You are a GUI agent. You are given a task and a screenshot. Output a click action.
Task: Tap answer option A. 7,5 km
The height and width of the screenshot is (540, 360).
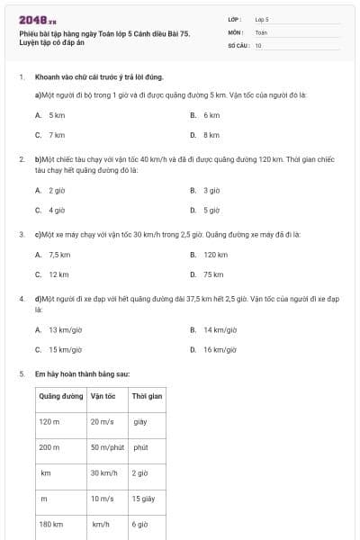pos(53,255)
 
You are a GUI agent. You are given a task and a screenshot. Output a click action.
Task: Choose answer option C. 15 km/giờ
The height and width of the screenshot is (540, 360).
pos(59,349)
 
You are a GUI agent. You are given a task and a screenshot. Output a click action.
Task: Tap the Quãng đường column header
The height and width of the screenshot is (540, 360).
pos(59,395)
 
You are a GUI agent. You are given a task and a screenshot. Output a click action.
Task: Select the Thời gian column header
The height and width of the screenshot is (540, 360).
pos(147,395)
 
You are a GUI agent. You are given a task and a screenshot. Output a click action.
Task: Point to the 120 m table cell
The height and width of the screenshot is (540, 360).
pos(49,421)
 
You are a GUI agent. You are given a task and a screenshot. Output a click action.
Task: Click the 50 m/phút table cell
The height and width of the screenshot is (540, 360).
pos(106,446)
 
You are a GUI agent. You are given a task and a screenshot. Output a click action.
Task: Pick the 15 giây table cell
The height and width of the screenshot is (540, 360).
pos(143,498)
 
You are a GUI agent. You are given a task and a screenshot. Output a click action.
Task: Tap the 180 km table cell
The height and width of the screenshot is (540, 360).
pos(50,524)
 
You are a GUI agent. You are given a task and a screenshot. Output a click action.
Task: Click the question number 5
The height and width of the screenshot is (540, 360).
pos(21,373)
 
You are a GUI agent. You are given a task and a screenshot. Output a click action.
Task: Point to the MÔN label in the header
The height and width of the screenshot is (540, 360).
pos(236,31)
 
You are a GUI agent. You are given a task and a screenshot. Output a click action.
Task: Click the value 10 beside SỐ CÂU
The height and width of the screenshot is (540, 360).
pos(258,44)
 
